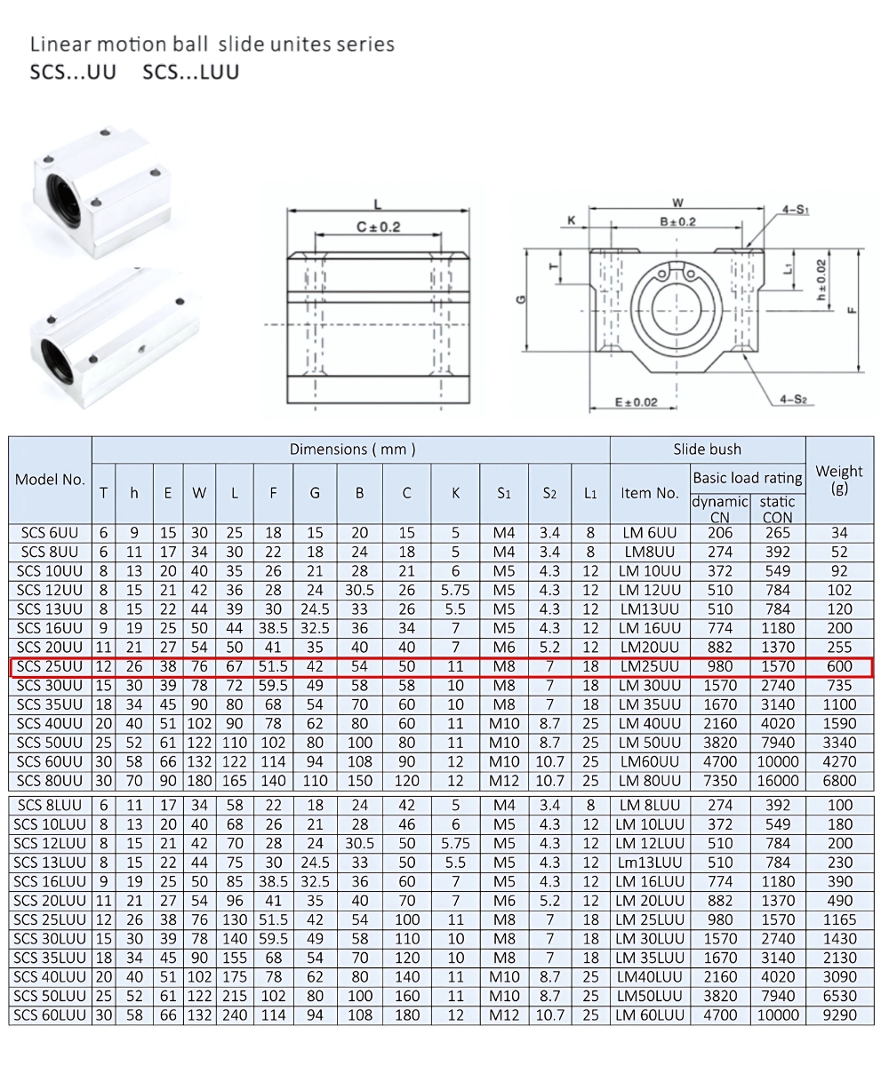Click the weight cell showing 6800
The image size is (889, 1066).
pyautogui.click(x=838, y=781)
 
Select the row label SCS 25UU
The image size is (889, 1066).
pyautogui.click(x=50, y=666)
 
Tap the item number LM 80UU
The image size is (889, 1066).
pyautogui.click(x=649, y=781)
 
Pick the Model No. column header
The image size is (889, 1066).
pyautogui.click(x=50, y=480)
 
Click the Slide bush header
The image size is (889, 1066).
pyautogui.click(x=707, y=449)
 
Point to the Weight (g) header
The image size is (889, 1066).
pyautogui.click(x=838, y=480)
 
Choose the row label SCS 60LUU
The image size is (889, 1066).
pyautogui.click(x=50, y=1015)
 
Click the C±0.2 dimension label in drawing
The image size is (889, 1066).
pyautogui.click(x=379, y=227)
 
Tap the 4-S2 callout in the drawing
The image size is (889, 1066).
pyautogui.click(x=793, y=400)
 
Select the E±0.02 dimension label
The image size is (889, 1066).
pyautogui.click(x=636, y=402)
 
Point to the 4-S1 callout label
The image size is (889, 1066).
pyautogui.click(x=795, y=210)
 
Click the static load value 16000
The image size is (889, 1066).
pyautogui.click(x=777, y=781)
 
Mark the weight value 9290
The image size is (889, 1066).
pyautogui.click(x=838, y=1015)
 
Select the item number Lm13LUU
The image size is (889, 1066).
pyautogui.click(x=649, y=863)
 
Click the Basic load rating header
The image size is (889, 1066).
pyautogui.click(x=747, y=478)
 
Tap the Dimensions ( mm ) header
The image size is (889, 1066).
pyautogui.click(x=352, y=449)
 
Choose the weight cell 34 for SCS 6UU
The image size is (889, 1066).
pyautogui.click(x=838, y=533)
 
